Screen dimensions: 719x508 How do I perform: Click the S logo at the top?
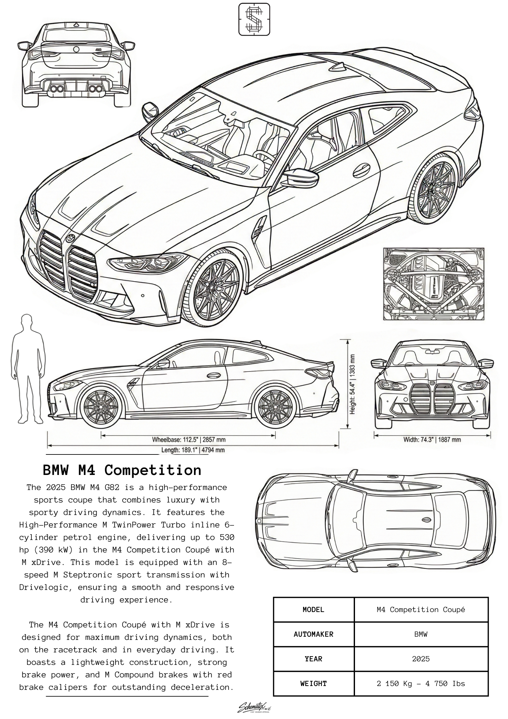tap(254, 19)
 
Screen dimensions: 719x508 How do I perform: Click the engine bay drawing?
tap(433, 283)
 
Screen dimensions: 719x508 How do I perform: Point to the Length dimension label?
tap(193, 450)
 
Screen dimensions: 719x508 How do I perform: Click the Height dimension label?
tap(352, 384)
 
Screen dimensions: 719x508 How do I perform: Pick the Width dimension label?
tap(432, 439)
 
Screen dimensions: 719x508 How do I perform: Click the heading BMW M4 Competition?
tap(122, 470)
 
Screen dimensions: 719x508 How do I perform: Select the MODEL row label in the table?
tap(313, 610)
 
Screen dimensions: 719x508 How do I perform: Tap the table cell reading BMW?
tap(421, 634)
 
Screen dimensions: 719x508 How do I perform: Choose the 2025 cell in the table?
tap(421, 659)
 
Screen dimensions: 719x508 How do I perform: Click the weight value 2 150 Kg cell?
tap(421, 683)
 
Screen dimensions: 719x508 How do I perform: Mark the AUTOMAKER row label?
tap(313, 634)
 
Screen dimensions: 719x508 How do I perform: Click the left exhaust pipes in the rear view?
tap(57, 89)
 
